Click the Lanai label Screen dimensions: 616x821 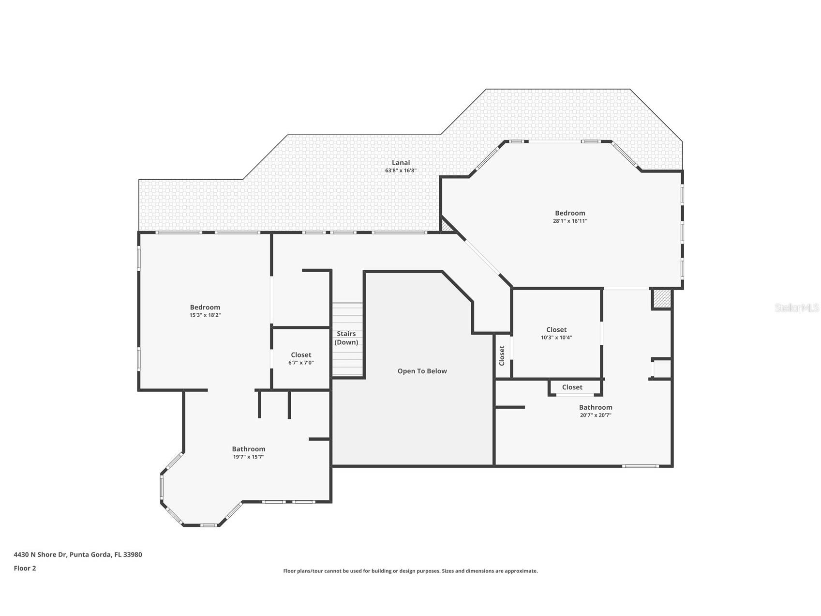pos(401,163)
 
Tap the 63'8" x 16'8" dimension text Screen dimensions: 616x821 pos(401,170)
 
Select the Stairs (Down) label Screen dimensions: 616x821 pos(346,338)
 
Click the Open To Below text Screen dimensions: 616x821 pos(422,371)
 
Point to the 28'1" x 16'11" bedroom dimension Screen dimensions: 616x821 pos(570,221)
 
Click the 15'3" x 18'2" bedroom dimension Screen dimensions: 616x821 pos(205,315)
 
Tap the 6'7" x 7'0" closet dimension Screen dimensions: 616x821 pos(301,363)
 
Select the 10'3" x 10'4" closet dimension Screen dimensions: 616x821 pos(556,338)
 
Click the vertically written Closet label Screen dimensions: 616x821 pos(502,355)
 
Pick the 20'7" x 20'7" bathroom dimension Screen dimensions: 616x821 pos(596,415)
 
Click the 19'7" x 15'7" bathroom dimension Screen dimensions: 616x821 pos(248,457)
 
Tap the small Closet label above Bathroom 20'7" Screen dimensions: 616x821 pos(572,387)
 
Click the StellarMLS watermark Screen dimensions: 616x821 pos(796,308)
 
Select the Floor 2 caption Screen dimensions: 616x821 pos(25,568)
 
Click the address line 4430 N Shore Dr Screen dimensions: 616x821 pos(78,554)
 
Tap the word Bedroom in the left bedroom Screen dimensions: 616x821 pos(205,307)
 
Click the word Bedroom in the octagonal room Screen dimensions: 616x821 pos(570,213)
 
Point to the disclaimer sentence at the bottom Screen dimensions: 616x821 pos(410,571)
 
